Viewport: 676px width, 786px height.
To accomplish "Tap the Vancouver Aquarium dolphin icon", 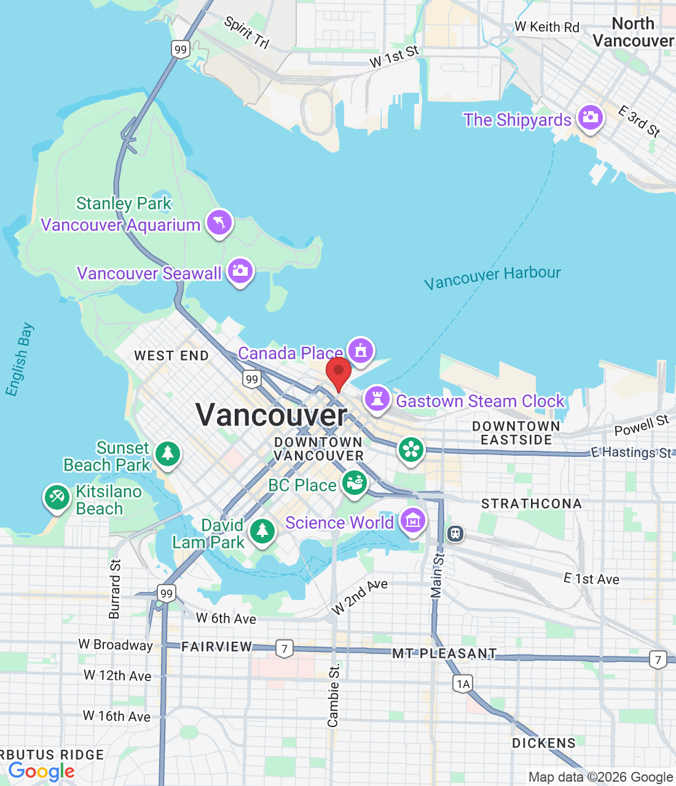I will coord(219,222).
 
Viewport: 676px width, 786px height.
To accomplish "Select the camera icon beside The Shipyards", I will coord(591,117).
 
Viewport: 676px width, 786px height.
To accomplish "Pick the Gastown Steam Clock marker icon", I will coord(377,399).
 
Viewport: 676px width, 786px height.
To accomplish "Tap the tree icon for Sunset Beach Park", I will coord(167,454).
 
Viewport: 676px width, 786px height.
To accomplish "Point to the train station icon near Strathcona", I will coord(455,533).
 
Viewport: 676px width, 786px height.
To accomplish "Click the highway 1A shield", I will coord(463,683).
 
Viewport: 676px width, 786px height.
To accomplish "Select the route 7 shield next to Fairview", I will coord(284,648).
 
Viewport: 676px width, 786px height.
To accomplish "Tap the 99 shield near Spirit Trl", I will coord(180,50).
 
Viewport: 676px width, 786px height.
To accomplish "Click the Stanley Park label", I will coord(124,203).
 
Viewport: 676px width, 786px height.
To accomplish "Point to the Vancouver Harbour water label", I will coord(492,277).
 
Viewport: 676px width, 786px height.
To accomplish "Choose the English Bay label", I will coord(19,359).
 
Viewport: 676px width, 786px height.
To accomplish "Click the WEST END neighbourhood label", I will coord(171,356).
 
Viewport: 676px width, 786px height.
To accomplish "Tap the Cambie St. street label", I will coord(334,695).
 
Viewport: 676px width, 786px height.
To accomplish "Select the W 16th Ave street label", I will coord(117,716).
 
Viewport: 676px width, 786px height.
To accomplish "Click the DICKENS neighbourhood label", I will coord(544,743).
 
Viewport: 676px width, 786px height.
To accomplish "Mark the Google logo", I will coord(41,771).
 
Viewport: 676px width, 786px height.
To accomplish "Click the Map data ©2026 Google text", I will coord(600,777).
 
